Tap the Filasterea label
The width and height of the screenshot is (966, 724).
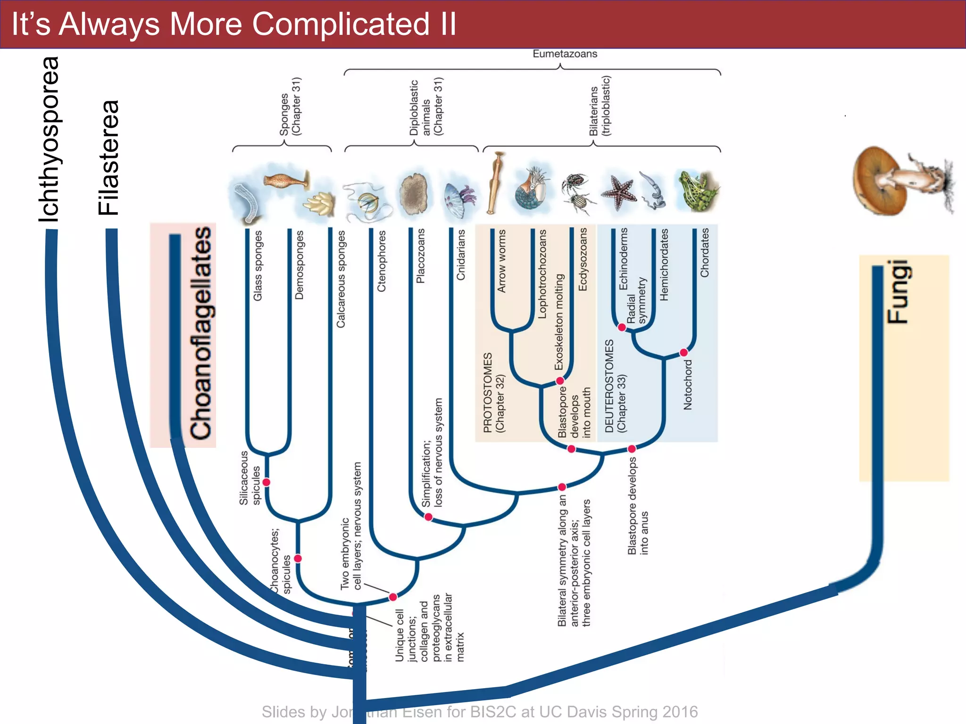[x=109, y=158]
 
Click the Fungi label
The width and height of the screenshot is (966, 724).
[x=899, y=292]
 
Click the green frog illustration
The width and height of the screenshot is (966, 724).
[x=697, y=191]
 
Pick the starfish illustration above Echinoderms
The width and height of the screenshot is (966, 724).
[x=619, y=192]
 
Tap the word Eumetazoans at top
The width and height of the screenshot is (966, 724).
[x=565, y=54]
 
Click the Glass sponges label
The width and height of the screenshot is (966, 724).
[x=258, y=265]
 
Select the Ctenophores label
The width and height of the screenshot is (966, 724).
[x=382, y=261]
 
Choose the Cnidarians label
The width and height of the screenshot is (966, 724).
[x=460, y=255]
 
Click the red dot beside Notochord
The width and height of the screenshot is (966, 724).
[x=683, y=353]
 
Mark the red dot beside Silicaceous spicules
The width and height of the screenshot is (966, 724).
[x=266, y=482]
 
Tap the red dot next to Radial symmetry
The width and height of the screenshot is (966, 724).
[x=622, y=327]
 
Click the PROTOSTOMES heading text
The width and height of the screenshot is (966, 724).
[x=488, y=392]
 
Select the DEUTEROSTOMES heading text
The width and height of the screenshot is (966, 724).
[x=609, y=386]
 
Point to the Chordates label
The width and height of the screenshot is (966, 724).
[x=704, y=253]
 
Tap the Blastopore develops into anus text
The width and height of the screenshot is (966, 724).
[x=638, y=506]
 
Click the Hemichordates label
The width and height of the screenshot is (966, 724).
[x=664, y=264]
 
